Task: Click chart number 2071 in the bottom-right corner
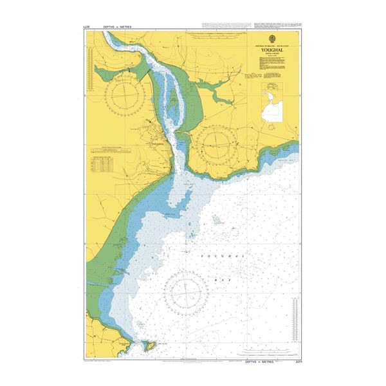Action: click(295, 362)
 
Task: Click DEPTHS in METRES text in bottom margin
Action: click(255, 362)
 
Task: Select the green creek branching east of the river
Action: click(222, 96)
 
